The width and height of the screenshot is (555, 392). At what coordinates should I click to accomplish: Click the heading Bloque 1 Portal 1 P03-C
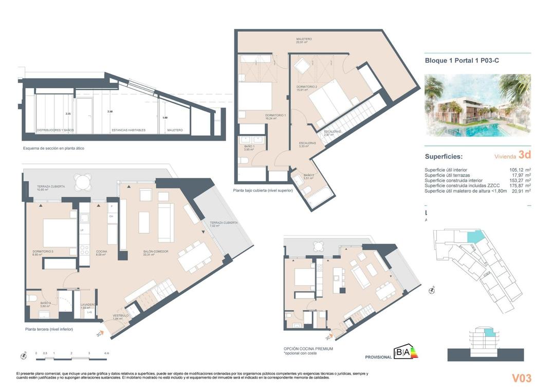coord(461,61)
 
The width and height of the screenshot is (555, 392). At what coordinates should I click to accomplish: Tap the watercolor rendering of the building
coord(477,105)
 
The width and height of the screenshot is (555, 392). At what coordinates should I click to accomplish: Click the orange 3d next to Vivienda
coord(524,155)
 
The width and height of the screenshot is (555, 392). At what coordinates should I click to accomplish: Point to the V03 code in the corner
coord(521,379)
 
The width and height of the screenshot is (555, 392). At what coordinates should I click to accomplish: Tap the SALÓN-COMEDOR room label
coord(156,252)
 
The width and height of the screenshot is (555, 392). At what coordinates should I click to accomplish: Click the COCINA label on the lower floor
coord(101,252)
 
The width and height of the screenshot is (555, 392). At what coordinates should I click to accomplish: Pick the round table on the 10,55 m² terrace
coord(82,182)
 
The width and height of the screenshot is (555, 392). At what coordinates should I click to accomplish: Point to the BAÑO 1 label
coord(249,146)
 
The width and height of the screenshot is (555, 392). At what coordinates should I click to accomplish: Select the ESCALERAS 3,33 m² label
coord(307,144)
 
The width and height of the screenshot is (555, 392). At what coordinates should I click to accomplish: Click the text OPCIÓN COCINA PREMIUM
coord(308,348)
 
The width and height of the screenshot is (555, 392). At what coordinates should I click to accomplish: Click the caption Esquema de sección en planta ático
coord(53,148)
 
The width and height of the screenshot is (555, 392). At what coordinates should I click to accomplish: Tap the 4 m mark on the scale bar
coord(106,353)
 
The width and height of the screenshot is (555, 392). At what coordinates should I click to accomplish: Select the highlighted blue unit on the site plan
coord(475,237)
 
